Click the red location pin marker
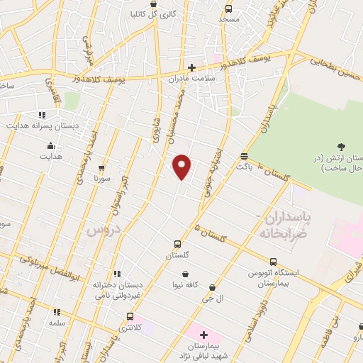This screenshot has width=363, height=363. point(182,165)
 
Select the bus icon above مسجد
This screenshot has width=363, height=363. point(228,9)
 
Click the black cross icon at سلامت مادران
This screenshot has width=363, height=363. point(191,68)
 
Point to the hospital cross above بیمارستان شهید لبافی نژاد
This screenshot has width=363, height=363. point(203,335)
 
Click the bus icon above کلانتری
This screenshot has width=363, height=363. point(128,316)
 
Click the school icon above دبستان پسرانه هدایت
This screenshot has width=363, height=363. point(43,113)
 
